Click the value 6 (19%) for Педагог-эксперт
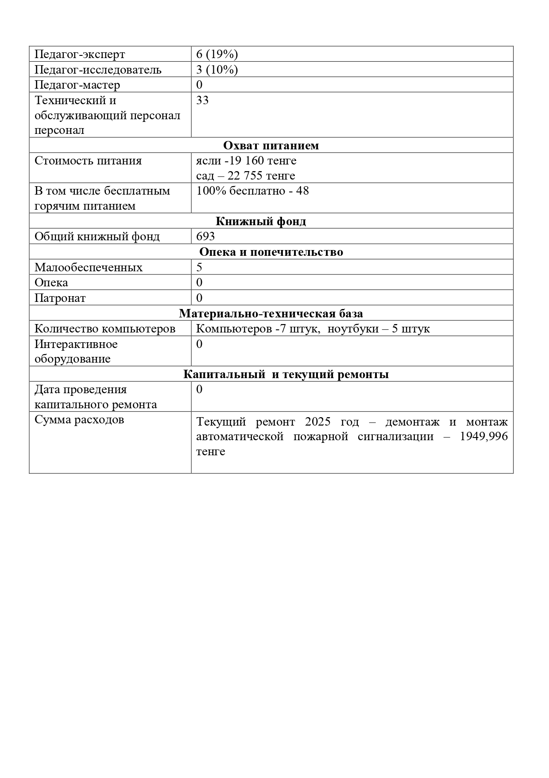point(217,54)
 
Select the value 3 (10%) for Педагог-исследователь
point(217,70)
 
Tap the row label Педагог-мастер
point(77,85)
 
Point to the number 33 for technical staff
point(202,100)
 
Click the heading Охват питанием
point(271,145)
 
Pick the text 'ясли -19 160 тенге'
point(246,160)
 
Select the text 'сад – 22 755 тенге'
point(246,176)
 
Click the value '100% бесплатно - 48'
point(252,191)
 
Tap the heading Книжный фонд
point(261,221)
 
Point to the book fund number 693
point(205,236)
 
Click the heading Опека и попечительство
point(271,252)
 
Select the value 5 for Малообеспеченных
point(199,267)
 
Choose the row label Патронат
point(60,298)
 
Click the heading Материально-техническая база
point(271,313)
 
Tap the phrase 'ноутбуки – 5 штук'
point(379,329)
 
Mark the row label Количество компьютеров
point(105,329)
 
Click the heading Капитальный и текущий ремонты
point(286,374)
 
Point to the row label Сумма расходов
point(79,420)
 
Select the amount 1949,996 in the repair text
point(483,437)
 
